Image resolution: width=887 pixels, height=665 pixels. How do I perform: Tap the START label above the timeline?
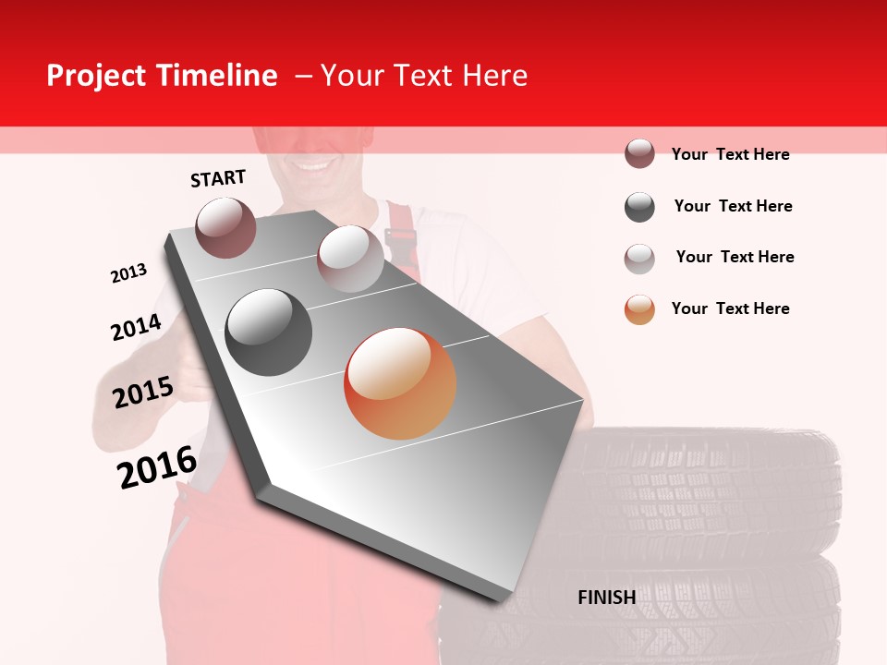coord(218,178)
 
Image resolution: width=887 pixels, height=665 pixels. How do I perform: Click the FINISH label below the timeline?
coord(606,598)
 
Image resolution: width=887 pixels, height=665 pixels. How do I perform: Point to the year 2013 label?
coord(128,273)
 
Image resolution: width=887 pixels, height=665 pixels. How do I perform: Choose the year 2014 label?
coord(136,327)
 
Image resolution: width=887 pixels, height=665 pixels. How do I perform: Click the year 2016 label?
coord(157,466)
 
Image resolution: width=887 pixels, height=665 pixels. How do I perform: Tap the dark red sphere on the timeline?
coord(226,227)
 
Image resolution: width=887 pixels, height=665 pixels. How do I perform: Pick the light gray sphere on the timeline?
coord(350,259)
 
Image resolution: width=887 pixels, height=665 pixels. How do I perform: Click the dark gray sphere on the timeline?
coord(269,332)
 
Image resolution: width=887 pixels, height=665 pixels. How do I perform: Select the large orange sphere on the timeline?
coord(400,383)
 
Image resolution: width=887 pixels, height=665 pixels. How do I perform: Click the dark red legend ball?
coord(639,153)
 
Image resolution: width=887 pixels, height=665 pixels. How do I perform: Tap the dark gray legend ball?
coord(639,207)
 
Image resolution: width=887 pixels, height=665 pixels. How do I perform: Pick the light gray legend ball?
coord(639,258)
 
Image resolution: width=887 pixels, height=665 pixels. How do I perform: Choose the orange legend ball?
coord(639,309)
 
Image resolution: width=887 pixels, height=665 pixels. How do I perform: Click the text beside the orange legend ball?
coord(731,308)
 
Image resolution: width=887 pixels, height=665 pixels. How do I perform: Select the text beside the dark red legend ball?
coord(731,154)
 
